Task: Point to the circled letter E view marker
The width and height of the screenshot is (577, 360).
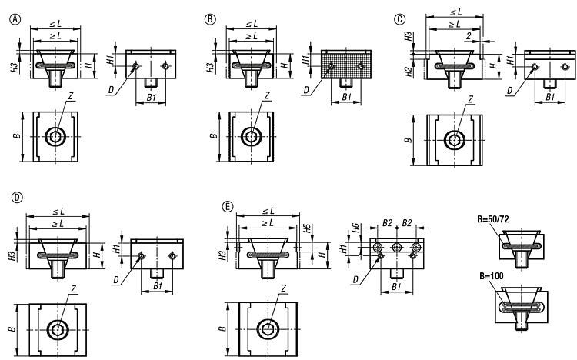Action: (226, 208)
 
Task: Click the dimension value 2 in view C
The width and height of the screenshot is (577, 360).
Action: (467, 35)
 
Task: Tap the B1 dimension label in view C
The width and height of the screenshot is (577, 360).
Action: (550, 98)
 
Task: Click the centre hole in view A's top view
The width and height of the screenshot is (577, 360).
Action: (55, 137)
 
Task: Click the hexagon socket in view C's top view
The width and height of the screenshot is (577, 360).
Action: (454, 141)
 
